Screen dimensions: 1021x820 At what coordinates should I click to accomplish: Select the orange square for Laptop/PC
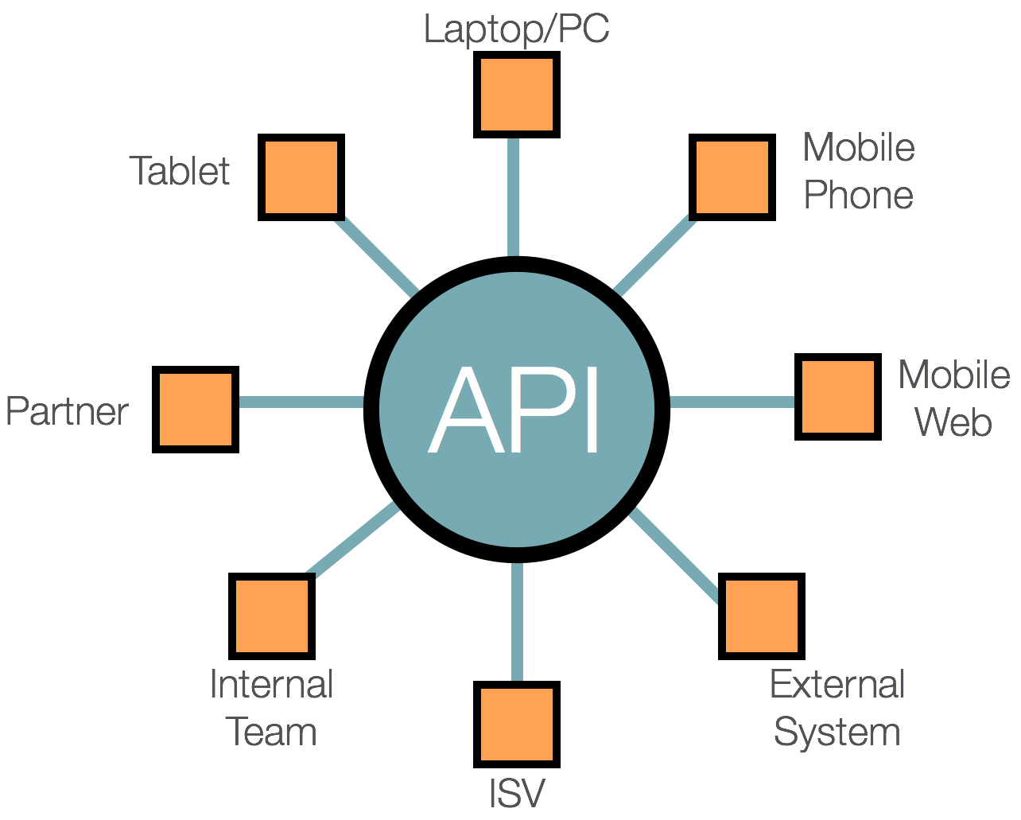pos(517,95)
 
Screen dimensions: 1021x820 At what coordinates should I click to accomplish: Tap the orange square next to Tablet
pos(301,177)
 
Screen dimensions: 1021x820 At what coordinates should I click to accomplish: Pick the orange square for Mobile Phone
pos(732,177)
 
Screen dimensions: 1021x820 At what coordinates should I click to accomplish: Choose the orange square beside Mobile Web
pos(838,397)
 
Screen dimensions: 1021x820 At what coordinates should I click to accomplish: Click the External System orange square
pos(762,616)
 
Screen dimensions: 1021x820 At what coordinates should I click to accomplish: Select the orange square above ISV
pos(517,724)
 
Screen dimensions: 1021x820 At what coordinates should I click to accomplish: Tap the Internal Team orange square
pos(272,616)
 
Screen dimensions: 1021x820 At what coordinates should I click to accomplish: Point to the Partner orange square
pos(196,410)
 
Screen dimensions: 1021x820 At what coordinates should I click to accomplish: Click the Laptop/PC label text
pos(516,29)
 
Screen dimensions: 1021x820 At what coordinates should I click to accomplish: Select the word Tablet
pos(180,170)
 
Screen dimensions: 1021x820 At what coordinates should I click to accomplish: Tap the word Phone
pos(858,195)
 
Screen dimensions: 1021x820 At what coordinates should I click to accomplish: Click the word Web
pos(953,422)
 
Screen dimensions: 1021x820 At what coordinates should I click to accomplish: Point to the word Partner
pos(67,411)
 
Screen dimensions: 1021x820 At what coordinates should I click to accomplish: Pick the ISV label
pos(517,792)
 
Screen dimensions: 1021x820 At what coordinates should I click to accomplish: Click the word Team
pos(271,731)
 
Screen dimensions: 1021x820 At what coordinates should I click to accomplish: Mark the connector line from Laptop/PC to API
pos(514,197)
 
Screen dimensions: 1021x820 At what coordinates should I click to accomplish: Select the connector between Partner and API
pos(301,402)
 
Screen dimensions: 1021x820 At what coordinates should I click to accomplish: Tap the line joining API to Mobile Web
pos(732,402)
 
